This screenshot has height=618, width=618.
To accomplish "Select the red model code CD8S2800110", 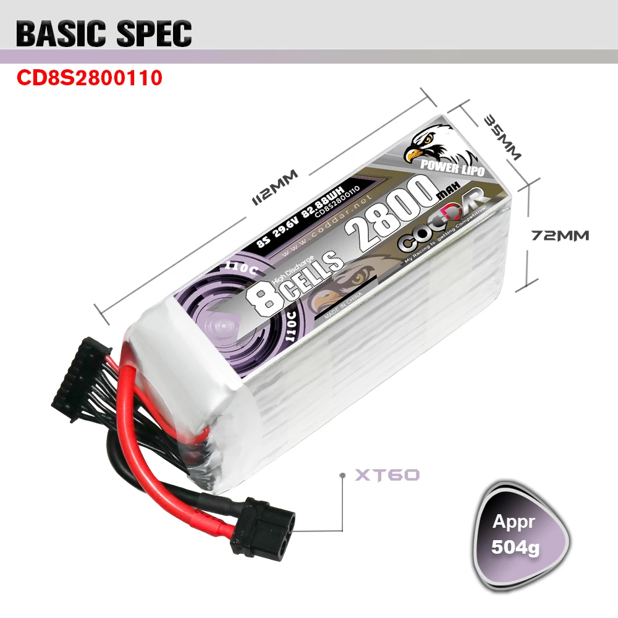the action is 90,78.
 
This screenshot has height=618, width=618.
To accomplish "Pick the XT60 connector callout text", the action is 387,475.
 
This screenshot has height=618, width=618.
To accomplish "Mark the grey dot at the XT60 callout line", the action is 342,475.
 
